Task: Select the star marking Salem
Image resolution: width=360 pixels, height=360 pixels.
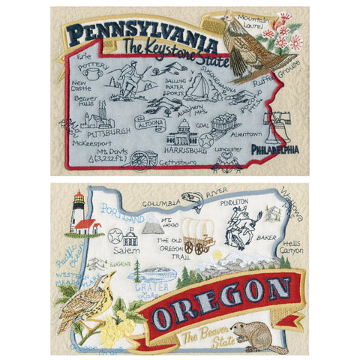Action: click(x=115, y=236)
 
